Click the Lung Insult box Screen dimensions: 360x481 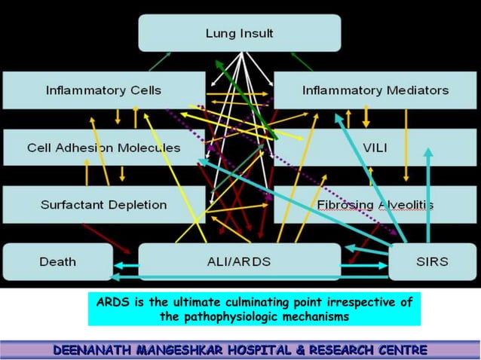tap(240, 33)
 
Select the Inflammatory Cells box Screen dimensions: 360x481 tap(103, 90)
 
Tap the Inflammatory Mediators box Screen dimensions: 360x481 tap(375, 90)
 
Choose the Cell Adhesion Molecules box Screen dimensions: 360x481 tap(103, 148)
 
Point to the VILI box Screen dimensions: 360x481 tap(375, 148)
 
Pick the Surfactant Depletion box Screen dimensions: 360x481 tap(103, 204)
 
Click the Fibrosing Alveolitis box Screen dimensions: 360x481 tap(375, 205)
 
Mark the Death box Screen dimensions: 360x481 tap(57, 261)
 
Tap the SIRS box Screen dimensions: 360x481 tap(431, 261)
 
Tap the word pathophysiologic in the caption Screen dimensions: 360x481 tap(235, 317)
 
